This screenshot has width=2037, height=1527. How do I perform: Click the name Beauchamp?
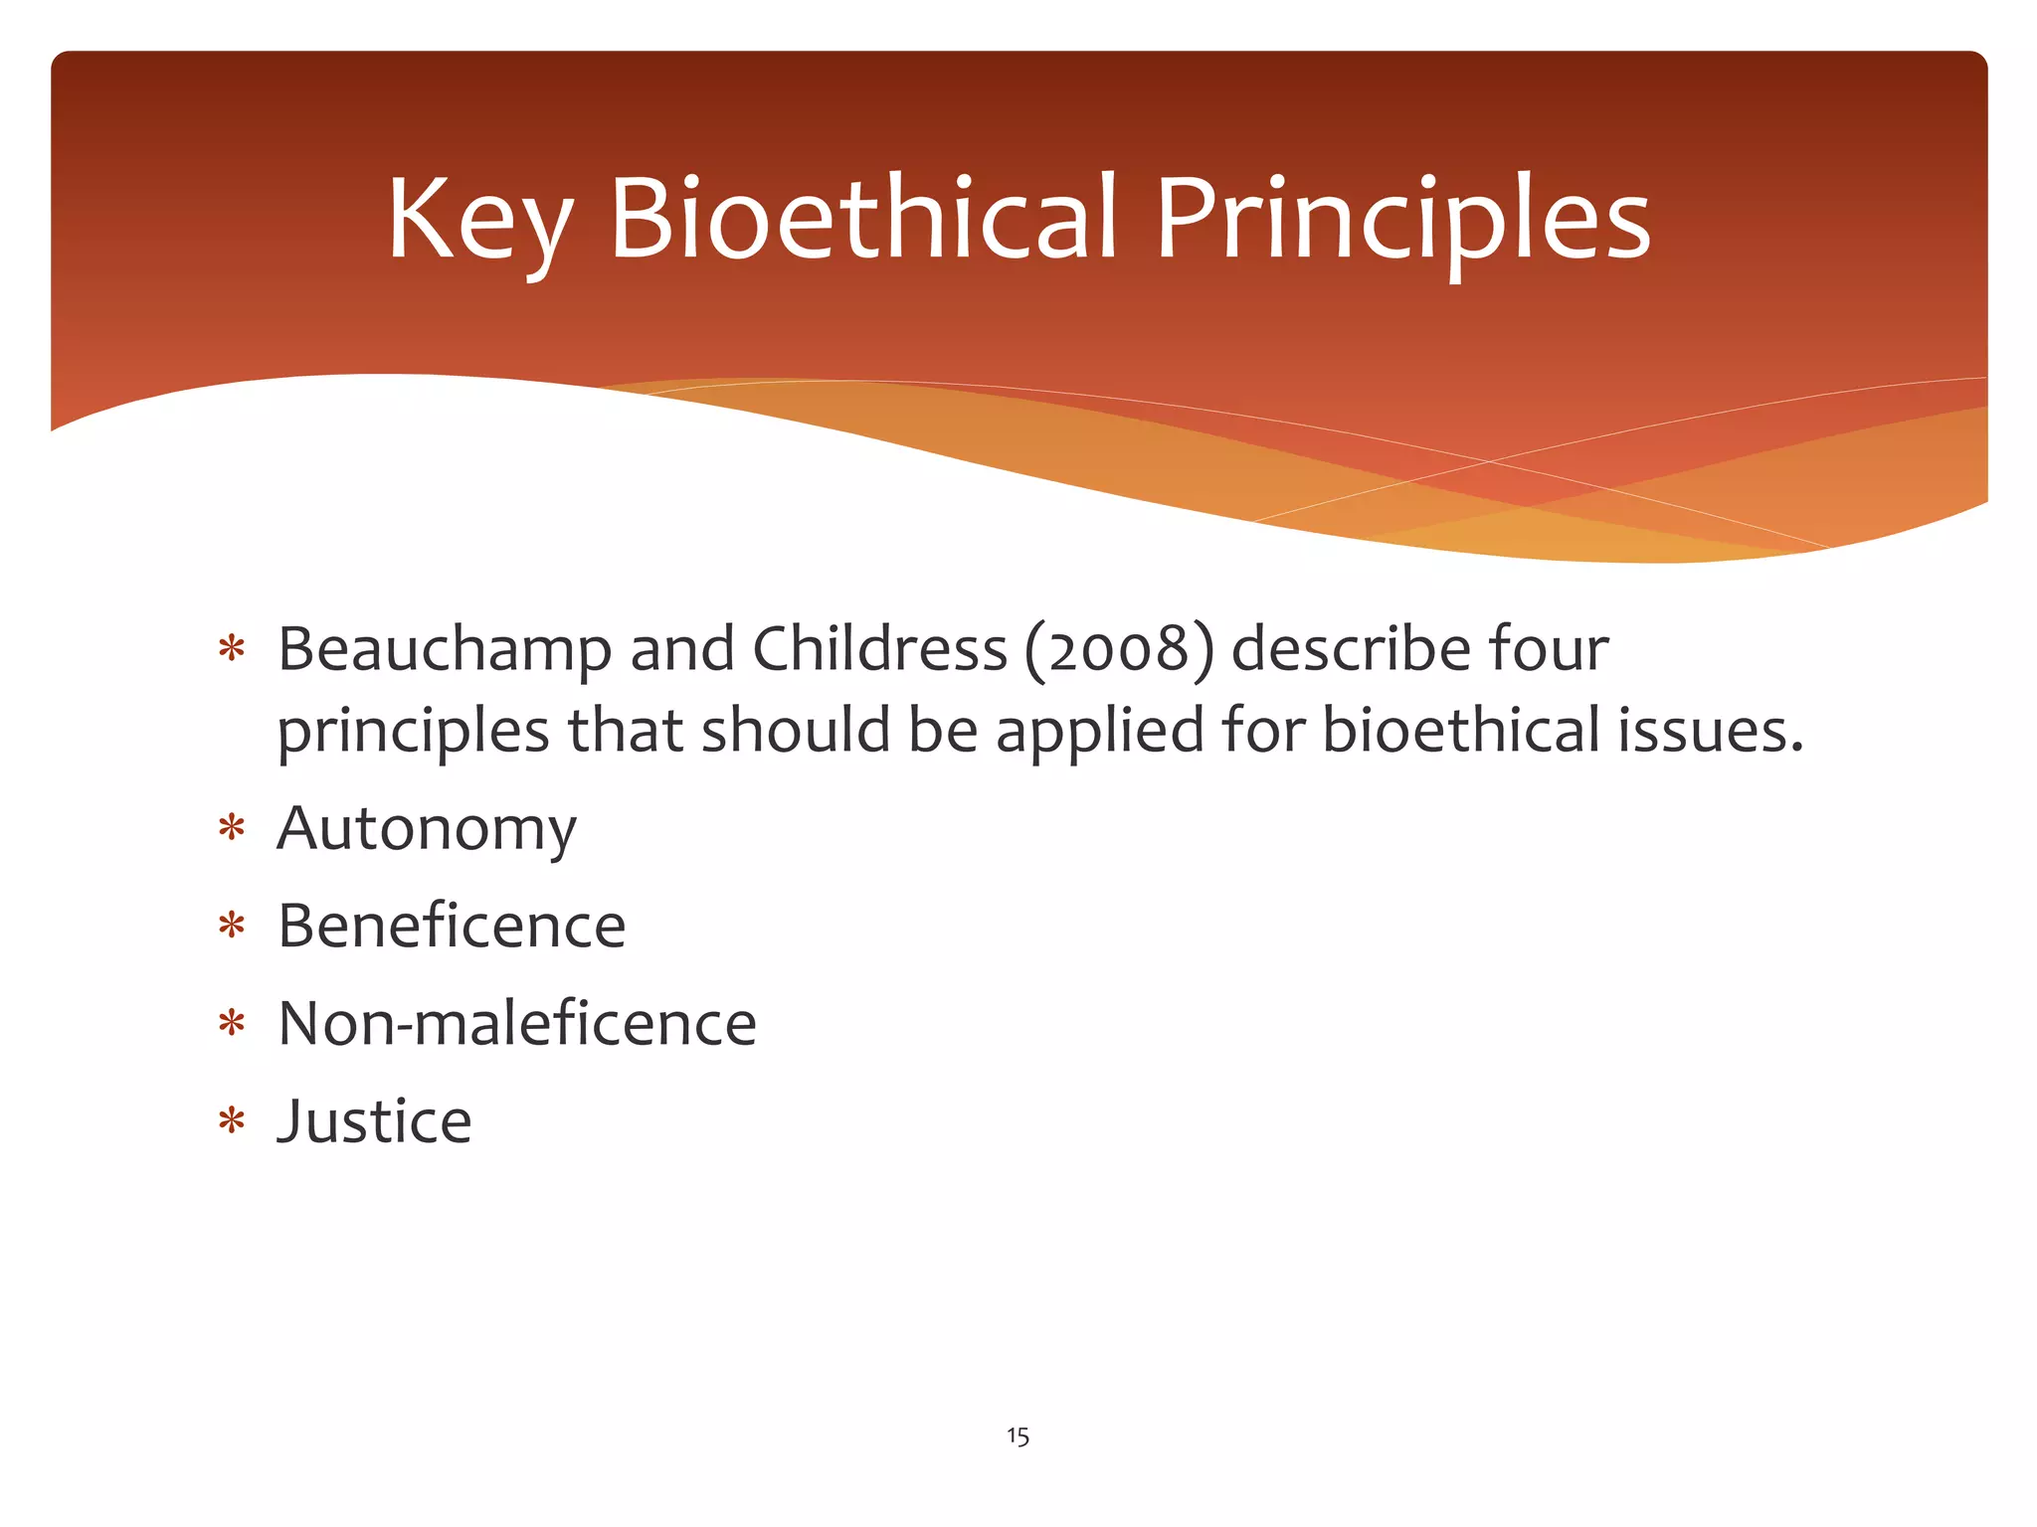[444, 651]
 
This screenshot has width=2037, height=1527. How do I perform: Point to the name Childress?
[880, 649]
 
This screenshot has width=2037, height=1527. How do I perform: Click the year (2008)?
[1119, 649]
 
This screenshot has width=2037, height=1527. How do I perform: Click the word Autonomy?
[427, 829]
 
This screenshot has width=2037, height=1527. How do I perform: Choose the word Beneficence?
[452, 926]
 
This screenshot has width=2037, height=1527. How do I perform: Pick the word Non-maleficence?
[517, 1023]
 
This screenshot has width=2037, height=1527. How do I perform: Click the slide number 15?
[1018, 1436]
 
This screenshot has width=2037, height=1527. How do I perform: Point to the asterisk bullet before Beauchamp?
[232, 649]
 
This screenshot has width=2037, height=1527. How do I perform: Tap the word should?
[796, 731]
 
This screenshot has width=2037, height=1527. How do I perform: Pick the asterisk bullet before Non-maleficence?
[232, 1023]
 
